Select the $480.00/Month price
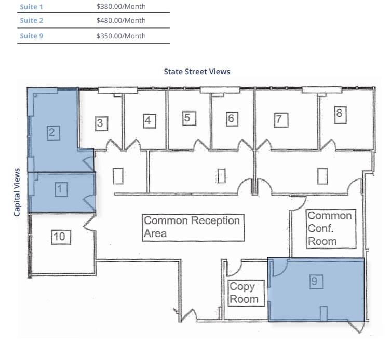[x=121, y=21]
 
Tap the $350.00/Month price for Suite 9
[x=121, y=36]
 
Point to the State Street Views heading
[x=197, y=72]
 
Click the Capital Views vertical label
[x=17, y=192]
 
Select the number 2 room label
[x=51, y=132]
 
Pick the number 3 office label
[x=101, y=123]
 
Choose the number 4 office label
[x=149, y=121]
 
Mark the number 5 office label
[x=188, y=118]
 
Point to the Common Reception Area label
[x=192, y=227]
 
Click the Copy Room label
[x=243, y=293]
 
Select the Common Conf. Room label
[x=330, y=228]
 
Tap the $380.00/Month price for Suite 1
[x=121, y=7]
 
